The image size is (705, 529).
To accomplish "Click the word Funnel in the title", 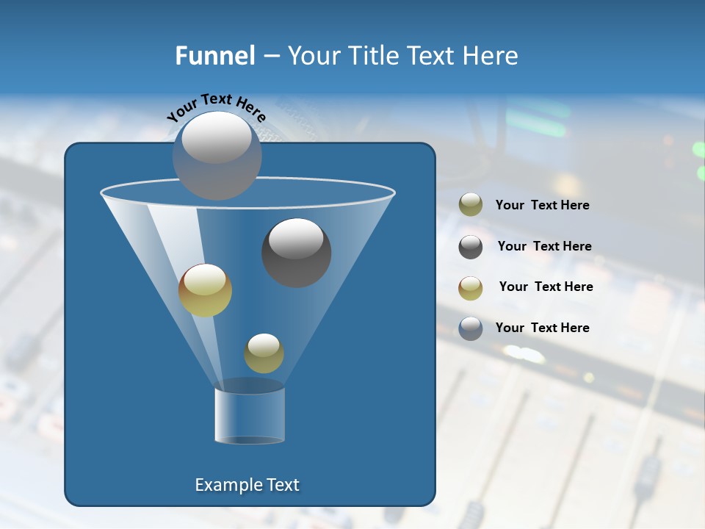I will click(214, 56).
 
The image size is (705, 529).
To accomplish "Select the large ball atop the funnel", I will click(217, 155).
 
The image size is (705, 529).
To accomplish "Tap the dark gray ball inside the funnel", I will click(296, 253).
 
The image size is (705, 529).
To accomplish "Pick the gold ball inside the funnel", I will click(205, 290).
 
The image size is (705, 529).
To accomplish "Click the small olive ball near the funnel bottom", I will click(264, 353).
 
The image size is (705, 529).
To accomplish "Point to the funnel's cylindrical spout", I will click(250, 415).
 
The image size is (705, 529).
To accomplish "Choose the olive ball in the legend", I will click(471, 205).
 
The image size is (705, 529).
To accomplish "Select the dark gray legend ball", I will click(471, 247).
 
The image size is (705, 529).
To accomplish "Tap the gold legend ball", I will click(471, 288).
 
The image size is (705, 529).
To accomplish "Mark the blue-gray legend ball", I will click(471, 328).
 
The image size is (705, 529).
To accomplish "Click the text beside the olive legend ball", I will click(542, 206).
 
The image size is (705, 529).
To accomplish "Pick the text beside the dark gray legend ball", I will click(544, 247).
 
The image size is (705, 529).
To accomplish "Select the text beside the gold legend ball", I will click(546, 287).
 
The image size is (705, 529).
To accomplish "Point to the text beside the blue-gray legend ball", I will click(542, 328).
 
